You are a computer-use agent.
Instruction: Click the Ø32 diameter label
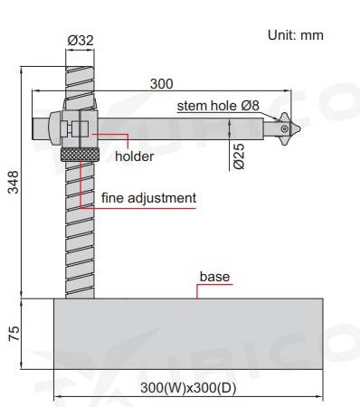point(81,40)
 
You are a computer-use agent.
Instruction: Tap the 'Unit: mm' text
point(296,35)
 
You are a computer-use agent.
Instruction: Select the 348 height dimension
point(14,182)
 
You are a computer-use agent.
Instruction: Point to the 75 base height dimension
point(14,333)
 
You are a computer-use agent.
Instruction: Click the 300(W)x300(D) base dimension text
point(188,388)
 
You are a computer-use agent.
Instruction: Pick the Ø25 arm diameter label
point(239,156)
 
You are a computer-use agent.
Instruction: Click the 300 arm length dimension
point(162,84)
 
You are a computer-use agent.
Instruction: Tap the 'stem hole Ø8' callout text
point(218,106)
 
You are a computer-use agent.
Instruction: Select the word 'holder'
point(135,156)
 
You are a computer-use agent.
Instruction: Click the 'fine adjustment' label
point(148,198)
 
